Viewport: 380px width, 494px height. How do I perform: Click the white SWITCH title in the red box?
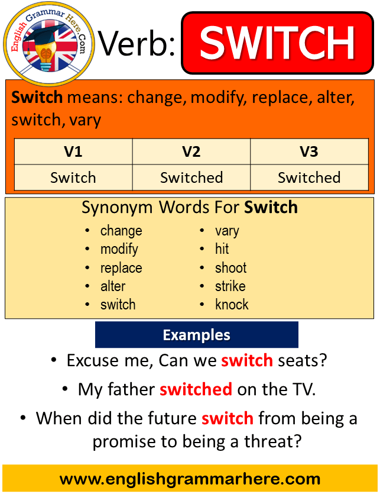click(277, 42)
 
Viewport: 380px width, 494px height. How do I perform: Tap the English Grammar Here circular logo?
click(49, 43)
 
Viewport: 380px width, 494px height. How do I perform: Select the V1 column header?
click(73, 152)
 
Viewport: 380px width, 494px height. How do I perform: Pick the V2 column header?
click(191, 152)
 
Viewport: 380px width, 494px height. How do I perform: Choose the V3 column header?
click(309, 152)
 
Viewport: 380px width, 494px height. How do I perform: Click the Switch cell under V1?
click(73, 177)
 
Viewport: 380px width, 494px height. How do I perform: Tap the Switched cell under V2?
click(191, 177)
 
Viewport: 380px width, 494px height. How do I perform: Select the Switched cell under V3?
click(309, 177)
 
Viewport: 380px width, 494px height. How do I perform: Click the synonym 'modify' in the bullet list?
click(119, 249)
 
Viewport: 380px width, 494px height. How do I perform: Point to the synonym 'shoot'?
click(231, 267)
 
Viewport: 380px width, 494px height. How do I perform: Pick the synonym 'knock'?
click(232, 305)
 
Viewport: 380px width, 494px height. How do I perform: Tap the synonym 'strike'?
click(230, 286)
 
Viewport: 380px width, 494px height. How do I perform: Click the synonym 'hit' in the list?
click(222, 249)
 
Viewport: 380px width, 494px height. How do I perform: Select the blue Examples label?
click(196, 335)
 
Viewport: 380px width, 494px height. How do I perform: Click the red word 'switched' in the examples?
click(196, 389)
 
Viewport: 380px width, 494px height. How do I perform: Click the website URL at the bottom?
click(190, 479)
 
